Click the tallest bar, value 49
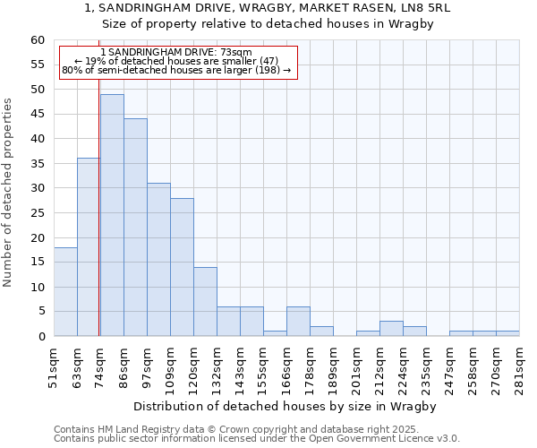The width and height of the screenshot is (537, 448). click(x=112, y=215)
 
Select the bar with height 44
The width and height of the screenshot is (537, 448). click(x=135, y=228)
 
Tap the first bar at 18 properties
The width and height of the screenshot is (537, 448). click(x=65, y=292)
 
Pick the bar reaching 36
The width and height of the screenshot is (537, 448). click(x=88, y=247)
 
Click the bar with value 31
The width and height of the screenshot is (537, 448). click(x=158, y=260)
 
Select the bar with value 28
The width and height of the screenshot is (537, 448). click(x=182, y=267)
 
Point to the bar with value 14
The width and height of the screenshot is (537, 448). click(x=205, y=302)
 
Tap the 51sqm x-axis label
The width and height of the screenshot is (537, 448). click(x=55, y=367)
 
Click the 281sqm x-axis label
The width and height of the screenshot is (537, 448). click(x=520, y=367)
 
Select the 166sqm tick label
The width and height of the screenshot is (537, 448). click(x=287, y=367)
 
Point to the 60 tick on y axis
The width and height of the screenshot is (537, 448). click(x=37, y=40)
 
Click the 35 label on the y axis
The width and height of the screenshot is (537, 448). click(x=37, y=164)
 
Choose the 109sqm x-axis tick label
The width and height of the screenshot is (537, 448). click(x=171, y=367)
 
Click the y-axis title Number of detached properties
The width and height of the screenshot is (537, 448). click(x=8, y=193)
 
